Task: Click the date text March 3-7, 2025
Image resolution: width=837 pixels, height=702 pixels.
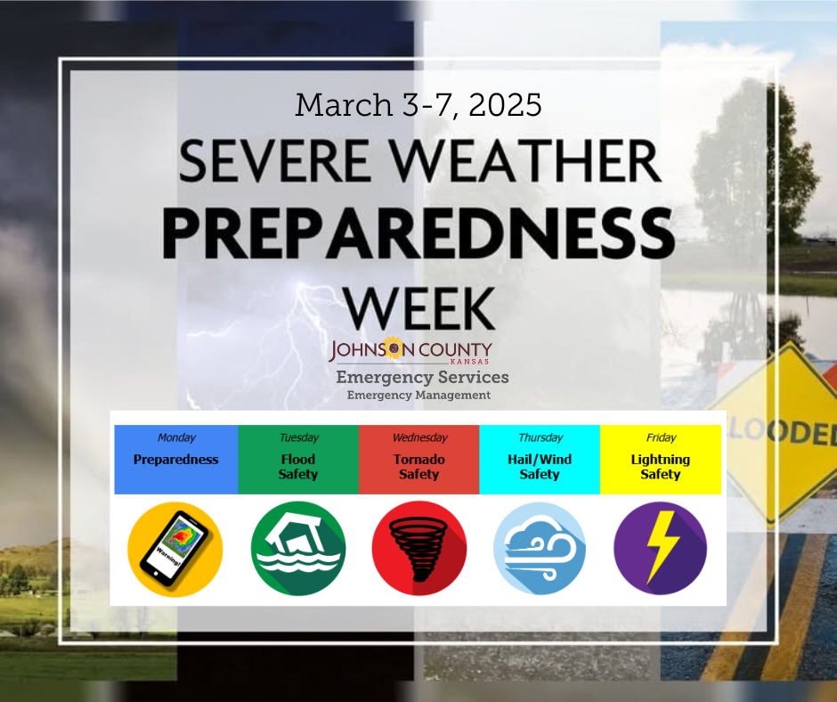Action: point(418,105)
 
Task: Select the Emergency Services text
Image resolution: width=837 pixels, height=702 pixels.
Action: point(422,378)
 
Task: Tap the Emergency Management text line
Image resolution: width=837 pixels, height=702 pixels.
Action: point(418,395)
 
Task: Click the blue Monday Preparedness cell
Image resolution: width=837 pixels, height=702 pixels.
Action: point(176,459)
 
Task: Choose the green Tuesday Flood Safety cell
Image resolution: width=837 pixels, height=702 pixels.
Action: point(297,459)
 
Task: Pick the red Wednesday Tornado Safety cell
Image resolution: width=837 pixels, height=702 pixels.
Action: point(418,459)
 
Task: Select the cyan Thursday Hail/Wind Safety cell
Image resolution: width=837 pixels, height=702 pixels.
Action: point(540,459)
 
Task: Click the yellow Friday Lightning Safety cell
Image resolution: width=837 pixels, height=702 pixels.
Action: point(660,459)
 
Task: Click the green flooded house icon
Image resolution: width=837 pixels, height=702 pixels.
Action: point(297,549)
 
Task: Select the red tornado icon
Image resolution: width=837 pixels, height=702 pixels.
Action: point(418,549)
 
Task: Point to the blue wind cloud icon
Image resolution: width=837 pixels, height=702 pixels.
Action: point(540,549)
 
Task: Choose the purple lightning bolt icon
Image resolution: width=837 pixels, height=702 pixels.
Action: point(660,549)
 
